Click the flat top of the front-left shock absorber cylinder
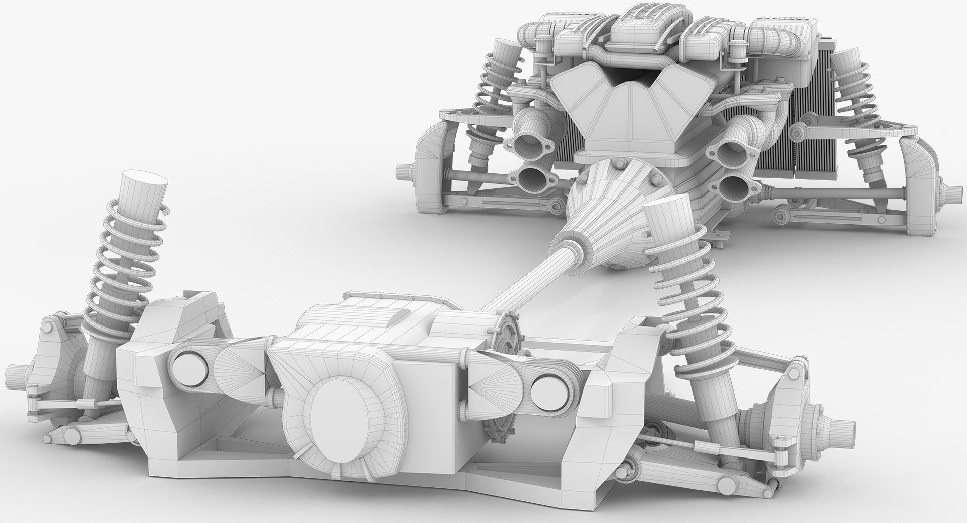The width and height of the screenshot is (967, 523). (146, 180)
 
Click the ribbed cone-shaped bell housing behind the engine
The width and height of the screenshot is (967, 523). (599, 202)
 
